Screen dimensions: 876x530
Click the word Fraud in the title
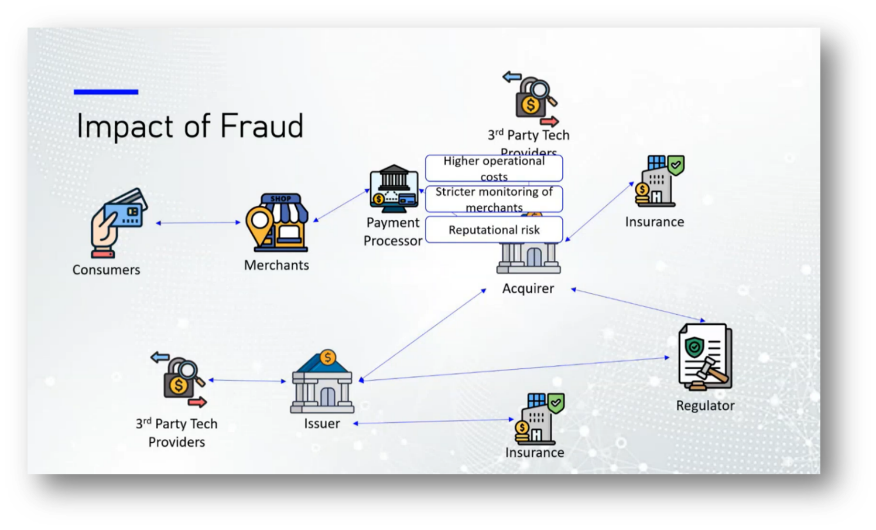click(x=261, y=126)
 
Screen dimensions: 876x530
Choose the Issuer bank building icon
click(x=322, y=382)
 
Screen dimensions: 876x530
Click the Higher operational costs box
click(x=494, y=168)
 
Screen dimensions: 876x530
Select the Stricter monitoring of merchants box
click(x=494, y=199)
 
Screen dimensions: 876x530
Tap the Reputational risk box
click(x=494, y=230)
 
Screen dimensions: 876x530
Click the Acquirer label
click(x=528, y=288)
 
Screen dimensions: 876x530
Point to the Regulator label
click(x=705, y=406)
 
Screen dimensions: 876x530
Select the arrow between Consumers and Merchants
click(x=199, y=223)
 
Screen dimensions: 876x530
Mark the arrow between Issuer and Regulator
click(x=515, y=369)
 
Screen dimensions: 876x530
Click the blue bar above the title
click(x=106, y=92)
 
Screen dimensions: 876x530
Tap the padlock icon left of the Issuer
click(x=179, y=379)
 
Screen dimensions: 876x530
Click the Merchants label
click(x=276, y=265)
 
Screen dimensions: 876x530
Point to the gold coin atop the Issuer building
click(x=328, y=357)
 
